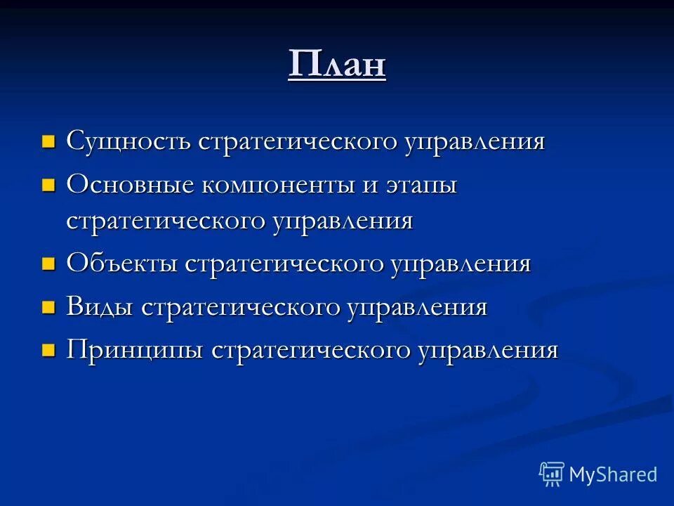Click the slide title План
tap(337, 65)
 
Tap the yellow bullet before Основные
tap(48, 186)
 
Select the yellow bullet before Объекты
tap(48, 265)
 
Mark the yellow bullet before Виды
tap(48, 308)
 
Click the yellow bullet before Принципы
tap(48, 351)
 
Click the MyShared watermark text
tap(613, 474)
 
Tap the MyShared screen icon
tap(552, 474)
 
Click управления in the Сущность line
tap(474, 142)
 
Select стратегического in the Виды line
tap(242, 308)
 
